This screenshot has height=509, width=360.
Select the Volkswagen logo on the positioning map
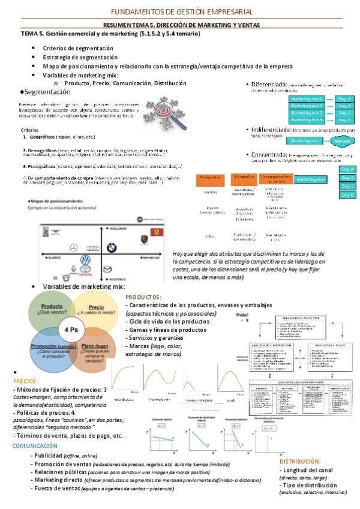(x=84, y=261)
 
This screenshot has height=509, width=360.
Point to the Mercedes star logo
(x=74, y=247)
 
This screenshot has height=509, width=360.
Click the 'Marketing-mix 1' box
(x=307, y=98)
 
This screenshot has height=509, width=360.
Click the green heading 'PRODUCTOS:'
(x=143, y=297)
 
